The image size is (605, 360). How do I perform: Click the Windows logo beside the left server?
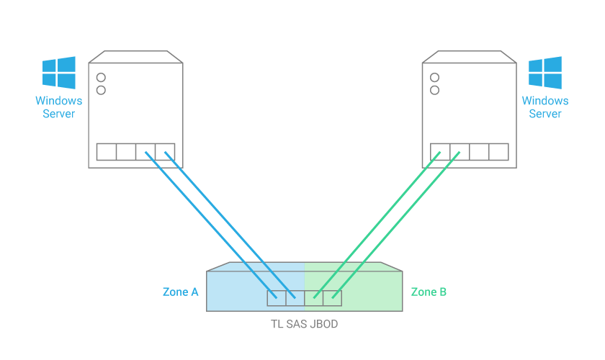click(x=59, y=73)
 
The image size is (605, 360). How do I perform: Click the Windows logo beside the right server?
click(x=545, y=73)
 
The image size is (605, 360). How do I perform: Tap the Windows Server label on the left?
click(x=59, y=107)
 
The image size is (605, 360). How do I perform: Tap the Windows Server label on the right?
click(x=545, y=107)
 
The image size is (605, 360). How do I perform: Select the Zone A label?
click(x=180, y=292)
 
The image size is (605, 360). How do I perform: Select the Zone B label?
click(x=429, y=292)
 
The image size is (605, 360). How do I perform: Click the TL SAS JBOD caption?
click(x=303, y=324)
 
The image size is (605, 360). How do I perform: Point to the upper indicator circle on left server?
click(x=102, y=77)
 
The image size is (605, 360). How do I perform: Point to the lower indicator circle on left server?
click(x=102, y=90)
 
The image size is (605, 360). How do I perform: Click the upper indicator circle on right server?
click(x=434, y=77)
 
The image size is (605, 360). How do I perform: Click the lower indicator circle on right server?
click(x=434, y=90)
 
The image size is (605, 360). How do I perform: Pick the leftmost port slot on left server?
click(x=107, y=152)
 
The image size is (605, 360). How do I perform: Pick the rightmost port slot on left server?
click(x=165, y=152)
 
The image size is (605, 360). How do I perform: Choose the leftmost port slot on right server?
click(x=440, y=152)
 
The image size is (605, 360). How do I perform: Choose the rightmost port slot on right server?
click(x=498, y=152)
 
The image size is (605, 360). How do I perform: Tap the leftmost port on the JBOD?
click(x=276, y=298)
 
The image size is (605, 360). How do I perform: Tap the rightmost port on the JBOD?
click(x=332, y=298)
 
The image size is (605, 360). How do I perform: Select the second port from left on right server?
click(x=460, y=152)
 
